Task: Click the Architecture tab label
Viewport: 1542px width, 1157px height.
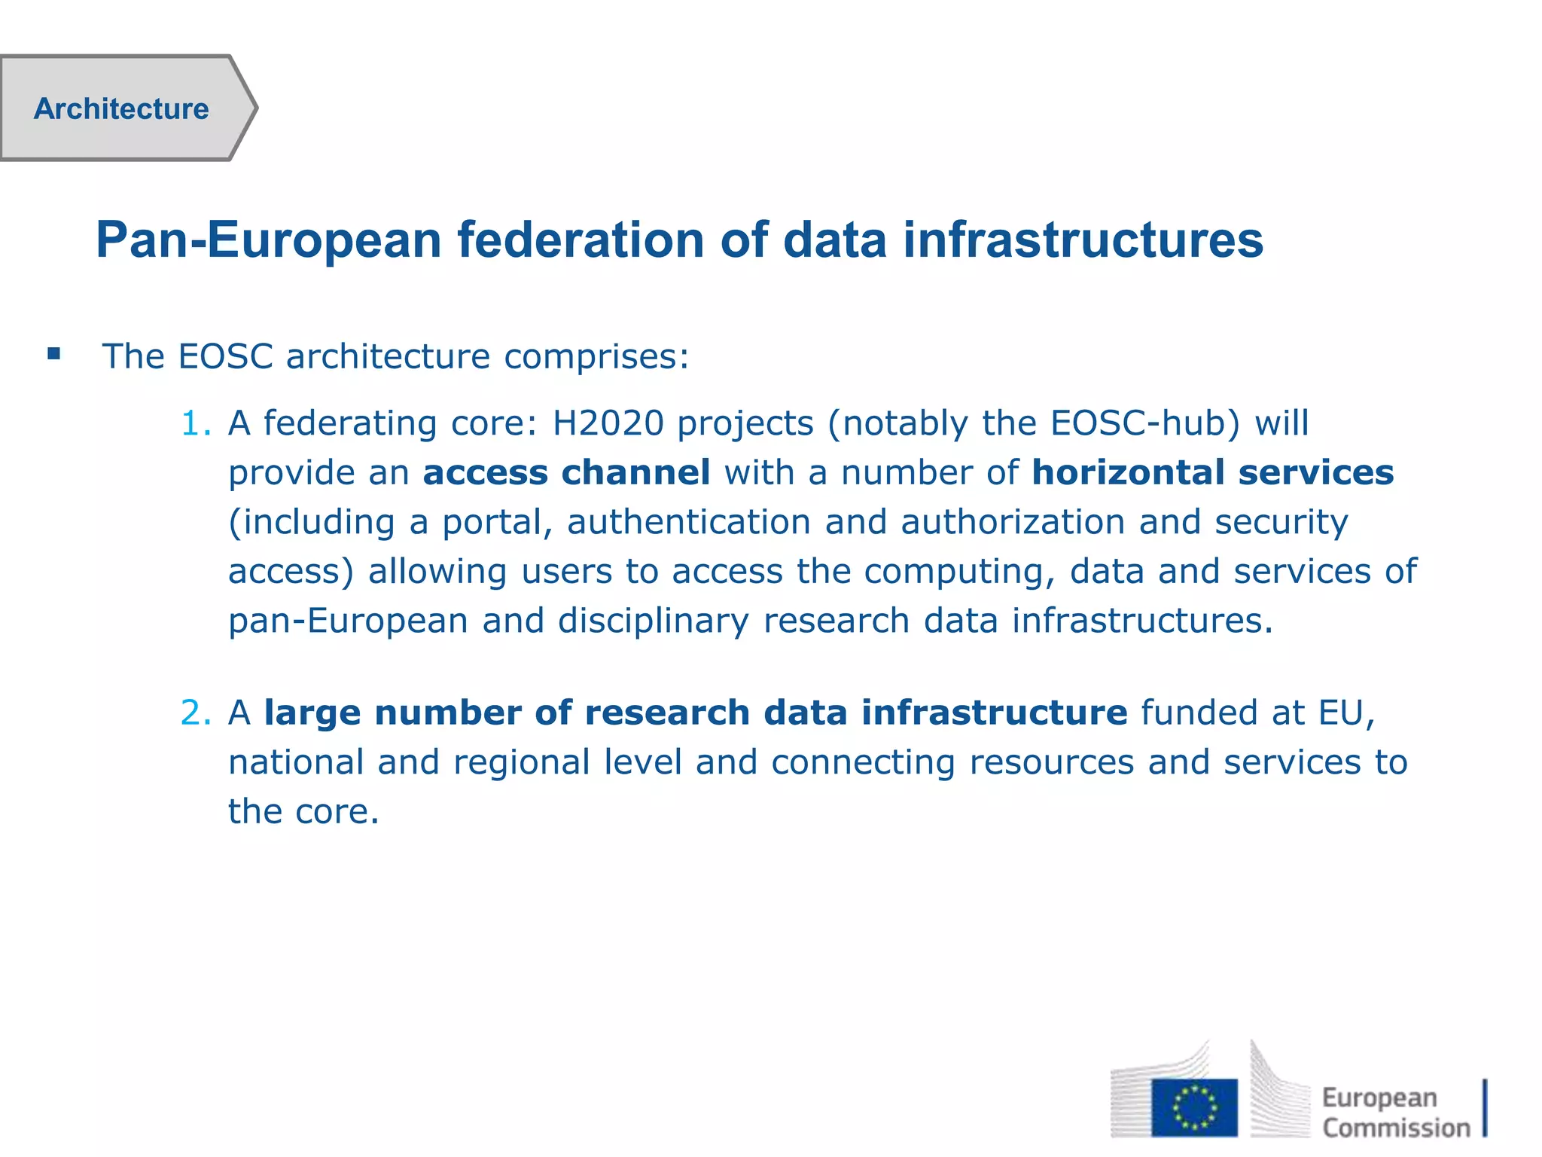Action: pos(121,109)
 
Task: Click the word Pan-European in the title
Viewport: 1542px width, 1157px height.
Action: pos(269,240)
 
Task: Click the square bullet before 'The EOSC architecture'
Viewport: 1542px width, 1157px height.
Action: pos(53,353)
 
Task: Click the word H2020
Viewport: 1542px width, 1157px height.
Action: pos(608,423)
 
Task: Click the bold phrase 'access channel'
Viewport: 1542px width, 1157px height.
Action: pos(567,473)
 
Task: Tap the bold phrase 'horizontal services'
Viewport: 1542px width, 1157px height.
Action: pos(1212,473)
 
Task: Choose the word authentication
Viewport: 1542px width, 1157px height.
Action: pos(689,522)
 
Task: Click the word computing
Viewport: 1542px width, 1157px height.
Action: pos(959,572)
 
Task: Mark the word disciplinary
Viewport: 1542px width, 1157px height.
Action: pos(654,621)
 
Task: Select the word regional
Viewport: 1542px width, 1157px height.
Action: pos(522,762)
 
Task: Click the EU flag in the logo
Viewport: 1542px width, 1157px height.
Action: pos(1193,1107)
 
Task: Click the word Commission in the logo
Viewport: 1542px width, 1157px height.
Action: pos(1396,1128)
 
